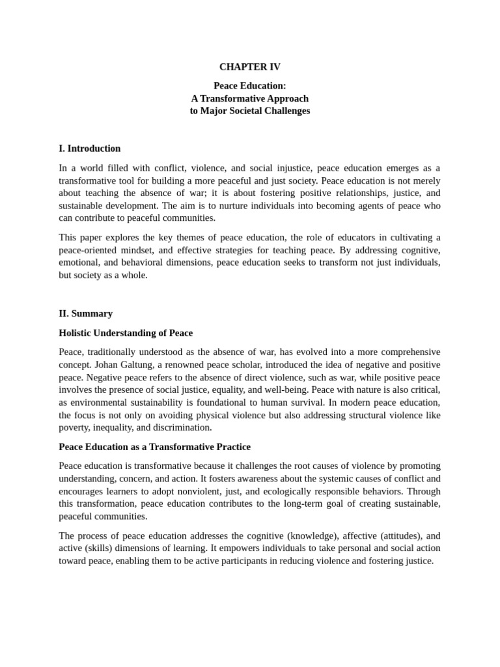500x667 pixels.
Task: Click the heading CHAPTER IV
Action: pyautogui.click(x=249, y=67)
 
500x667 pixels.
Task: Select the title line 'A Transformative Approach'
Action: pyautogui.click(x=249, y=98)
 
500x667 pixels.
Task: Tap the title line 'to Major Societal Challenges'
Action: pyautogui.click(x=249, y=111)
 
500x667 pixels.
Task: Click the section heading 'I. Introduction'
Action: pyautogui.click(x=90, y=149)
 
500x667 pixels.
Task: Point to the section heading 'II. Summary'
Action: pyautogui.click(x=85, y=313)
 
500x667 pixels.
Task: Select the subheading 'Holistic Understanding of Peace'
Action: pyautogui.click(x=126, y=333)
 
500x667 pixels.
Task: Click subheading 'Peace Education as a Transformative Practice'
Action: pyautogui.click(x=154, y=447)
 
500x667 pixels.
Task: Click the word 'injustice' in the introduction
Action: pyautogui.click(x=278, y=168)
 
